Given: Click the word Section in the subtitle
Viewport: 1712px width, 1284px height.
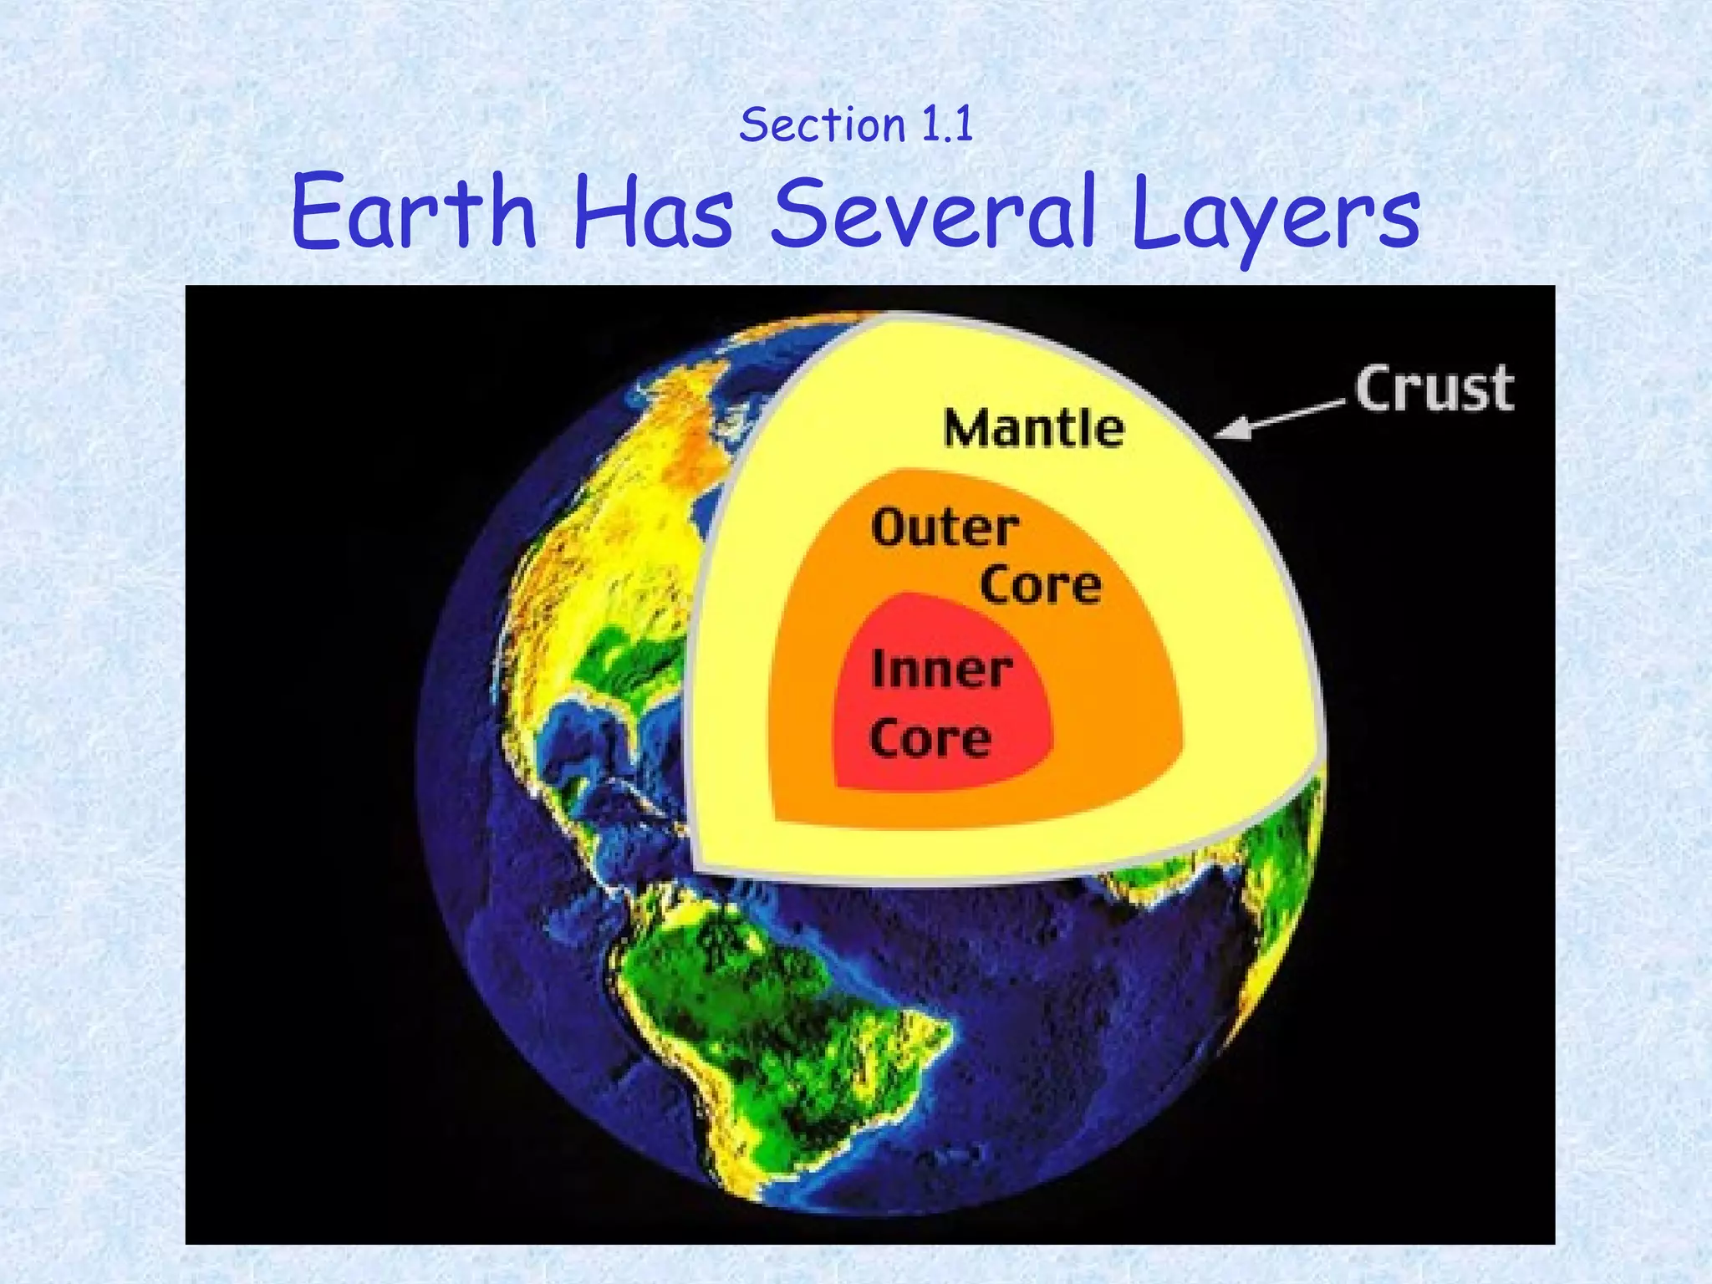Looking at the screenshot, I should tap(823, 126).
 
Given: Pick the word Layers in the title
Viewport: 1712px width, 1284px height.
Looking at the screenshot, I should tap(1276, 216).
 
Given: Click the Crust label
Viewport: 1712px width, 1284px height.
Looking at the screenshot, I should tap(1434, 390).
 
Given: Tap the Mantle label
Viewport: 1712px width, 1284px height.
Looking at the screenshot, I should tap(1034, 429).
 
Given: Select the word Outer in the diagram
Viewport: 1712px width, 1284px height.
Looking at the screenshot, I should tap(945, 528).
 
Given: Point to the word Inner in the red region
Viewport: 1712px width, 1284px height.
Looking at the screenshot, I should tap(941, 670).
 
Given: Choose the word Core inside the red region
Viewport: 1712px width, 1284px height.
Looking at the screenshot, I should tap(930, 739).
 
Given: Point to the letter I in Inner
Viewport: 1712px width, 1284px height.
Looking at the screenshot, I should tap(878, 669).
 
